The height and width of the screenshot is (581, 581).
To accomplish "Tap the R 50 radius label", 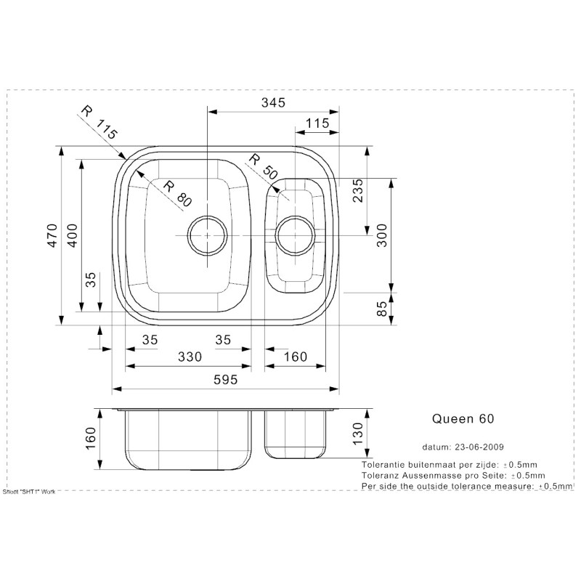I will point(262,167).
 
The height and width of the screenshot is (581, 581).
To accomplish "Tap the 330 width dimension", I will point(189,357).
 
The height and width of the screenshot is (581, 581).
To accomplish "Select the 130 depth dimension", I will point(357,434).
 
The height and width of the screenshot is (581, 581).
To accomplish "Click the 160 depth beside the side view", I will point(91,439).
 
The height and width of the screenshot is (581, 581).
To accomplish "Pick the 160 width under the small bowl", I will point(296,357).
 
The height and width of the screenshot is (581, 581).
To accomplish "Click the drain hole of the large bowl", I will point(208,235).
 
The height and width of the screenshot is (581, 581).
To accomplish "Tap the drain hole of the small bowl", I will point(296,235).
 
